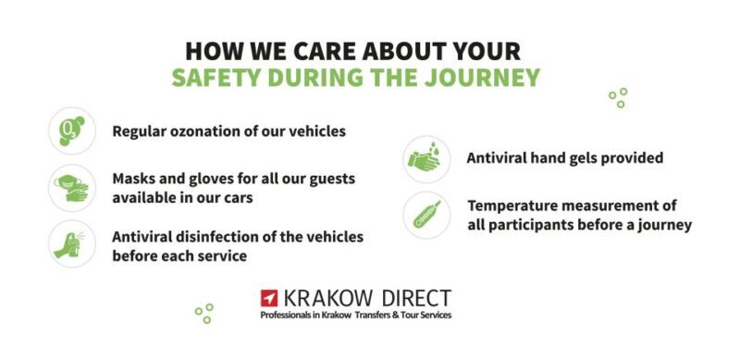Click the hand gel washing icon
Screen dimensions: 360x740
[426, 158]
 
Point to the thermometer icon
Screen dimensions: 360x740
[426, 215]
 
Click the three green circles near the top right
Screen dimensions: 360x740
[618, 97]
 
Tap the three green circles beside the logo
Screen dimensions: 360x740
[204, 313]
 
